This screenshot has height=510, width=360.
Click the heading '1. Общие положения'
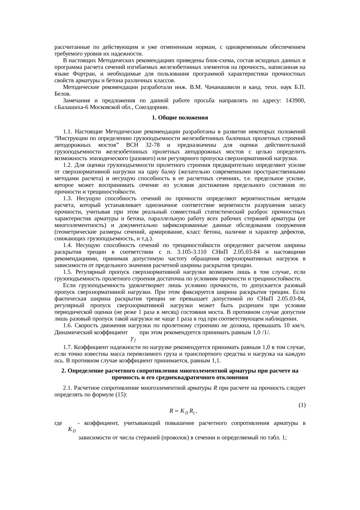180,118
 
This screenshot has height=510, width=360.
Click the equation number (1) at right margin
302,405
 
